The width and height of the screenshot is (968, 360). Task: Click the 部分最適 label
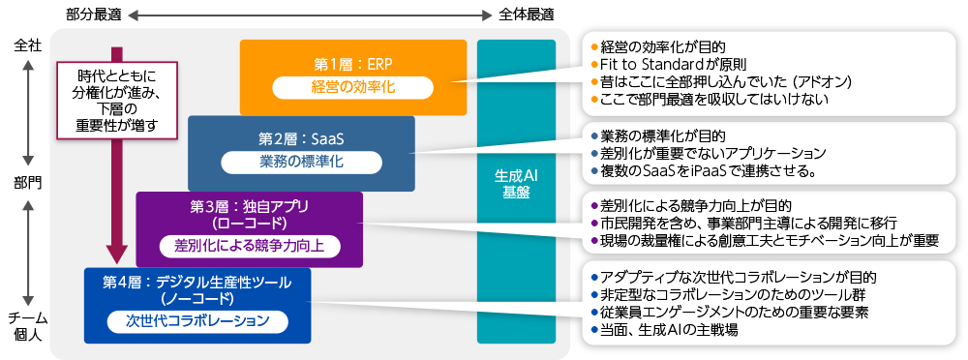point(94,15)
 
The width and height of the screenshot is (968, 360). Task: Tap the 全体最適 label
point(526,15)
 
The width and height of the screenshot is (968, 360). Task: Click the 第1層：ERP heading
point(352,64)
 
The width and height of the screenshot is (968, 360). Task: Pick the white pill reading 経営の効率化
point(352,87)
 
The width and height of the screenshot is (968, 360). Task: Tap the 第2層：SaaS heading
point(301,139)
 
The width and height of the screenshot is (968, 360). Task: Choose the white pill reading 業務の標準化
point(301,163)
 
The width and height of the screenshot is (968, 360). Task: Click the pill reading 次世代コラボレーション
point(197,321)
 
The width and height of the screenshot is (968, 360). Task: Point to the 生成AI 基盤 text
point(516,184)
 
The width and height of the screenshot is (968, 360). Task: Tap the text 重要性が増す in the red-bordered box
point(117,126)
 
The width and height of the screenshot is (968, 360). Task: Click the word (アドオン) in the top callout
point(823,81)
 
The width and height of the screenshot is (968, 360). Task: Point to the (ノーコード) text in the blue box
point(197,299)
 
